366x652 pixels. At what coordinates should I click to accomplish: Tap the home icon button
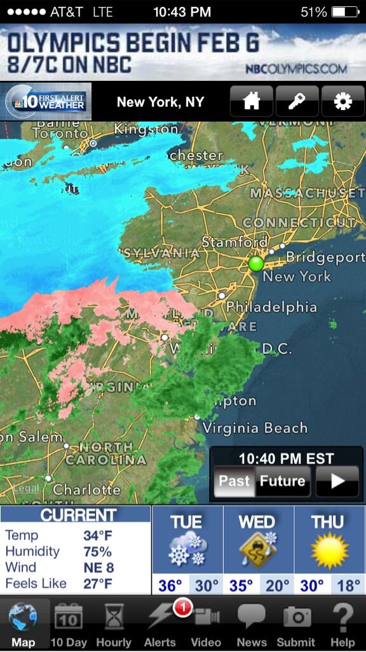pyautogui.click(x=252, y=102)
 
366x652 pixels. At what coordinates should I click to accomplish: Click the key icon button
pyautogui.click(x=297, y=102)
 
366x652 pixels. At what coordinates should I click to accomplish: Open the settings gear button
pyautogui.click(x=343, y=102)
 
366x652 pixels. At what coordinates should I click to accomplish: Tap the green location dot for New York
pyautogui.click(x=256, y=264)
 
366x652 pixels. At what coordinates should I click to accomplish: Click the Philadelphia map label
pyautogui.click(x=271, y=307)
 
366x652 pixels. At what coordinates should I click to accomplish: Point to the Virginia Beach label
pyautogui.click(x=255, y=428)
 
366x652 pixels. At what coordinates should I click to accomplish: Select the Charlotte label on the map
pyautogui.click(x=86, y=490)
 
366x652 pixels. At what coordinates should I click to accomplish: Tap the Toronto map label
pyautogui.click(x=60, y=134)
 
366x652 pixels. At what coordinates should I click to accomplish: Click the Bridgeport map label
pyautogui.click(x=325, y=257)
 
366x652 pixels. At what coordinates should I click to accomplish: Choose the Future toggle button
pyautogui.click(x=282, y=481)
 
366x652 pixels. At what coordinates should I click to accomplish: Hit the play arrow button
pyautogui.click(x=337, y=481)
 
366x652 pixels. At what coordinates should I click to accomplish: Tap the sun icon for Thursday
pyautogui.click(x=329, y=550)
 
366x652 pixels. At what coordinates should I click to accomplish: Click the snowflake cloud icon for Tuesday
pyautogui.click(x=187, y=550)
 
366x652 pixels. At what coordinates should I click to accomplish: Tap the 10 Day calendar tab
pyautogui.click(x=68, y=623)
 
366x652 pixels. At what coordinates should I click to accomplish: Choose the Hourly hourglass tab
pyautogui.click(x=114, y=623)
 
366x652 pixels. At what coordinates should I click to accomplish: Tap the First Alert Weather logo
pyautogui.click(x=46, y=102)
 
